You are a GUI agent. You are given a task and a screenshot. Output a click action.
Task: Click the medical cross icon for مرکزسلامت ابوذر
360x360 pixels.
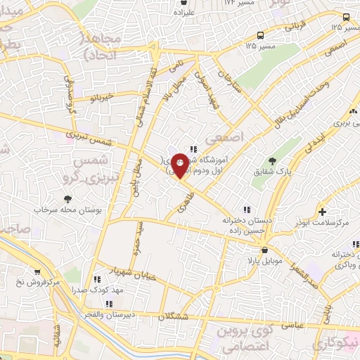point(322,212)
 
